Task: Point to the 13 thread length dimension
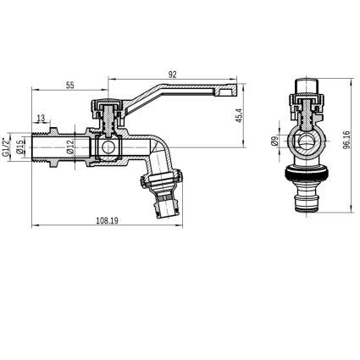(x=42, y=119)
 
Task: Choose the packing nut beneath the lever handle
(x=108, y=110)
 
